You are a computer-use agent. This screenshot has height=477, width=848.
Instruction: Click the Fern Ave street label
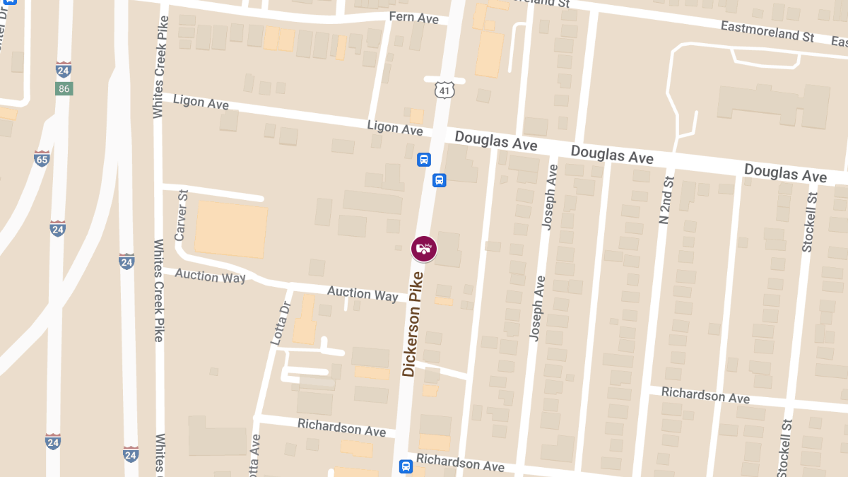coord(414,18)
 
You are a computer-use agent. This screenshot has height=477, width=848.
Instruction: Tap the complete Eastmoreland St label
coord(767,30)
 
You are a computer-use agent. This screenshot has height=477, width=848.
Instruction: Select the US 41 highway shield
coord(444,90)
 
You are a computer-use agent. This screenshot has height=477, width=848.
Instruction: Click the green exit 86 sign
coord(64,89)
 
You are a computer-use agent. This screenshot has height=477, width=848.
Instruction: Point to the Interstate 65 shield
coord(42,158)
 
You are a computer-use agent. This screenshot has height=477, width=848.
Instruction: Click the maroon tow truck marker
coord(424,249)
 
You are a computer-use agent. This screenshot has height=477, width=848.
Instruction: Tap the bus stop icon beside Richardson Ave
coord(406,466)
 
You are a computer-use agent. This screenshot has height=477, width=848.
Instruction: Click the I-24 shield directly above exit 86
coord(63,70)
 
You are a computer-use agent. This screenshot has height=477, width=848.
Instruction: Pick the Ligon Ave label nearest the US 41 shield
coord(395,128)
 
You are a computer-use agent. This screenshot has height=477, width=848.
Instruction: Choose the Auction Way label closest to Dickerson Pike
coord(363,293)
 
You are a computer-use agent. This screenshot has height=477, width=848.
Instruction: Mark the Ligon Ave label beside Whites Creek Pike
coord(201,102)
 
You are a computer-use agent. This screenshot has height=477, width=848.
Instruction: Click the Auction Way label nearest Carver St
coord(210,276)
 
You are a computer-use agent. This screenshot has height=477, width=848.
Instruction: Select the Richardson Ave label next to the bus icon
coord(460,463)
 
